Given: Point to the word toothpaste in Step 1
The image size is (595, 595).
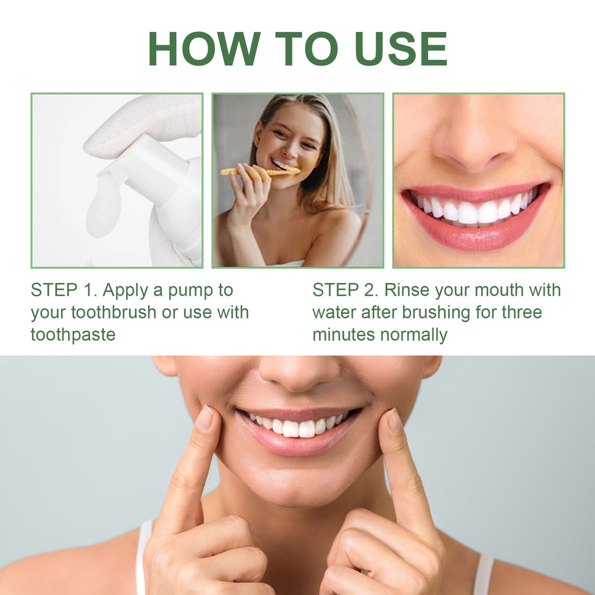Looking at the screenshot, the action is (73, 335).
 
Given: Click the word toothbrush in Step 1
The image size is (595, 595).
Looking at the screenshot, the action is (114, 313).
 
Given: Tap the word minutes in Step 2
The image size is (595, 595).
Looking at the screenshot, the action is (343, 335).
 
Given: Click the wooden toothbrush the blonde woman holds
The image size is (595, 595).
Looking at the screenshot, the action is (260, 172).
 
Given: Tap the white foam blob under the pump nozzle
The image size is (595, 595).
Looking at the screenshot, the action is (103, 205).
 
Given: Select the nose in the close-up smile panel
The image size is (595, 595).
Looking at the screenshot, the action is (474, 144).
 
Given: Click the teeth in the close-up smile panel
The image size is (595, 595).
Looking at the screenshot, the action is (474, 209).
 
